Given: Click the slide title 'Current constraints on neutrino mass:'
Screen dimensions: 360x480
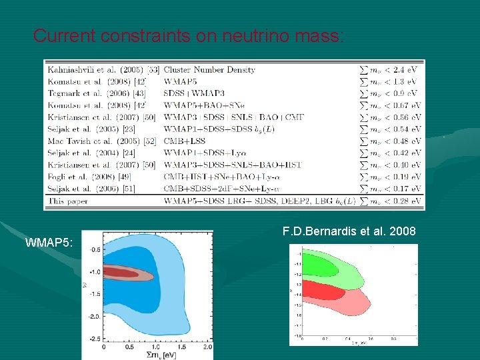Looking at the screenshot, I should (x=189, y=35).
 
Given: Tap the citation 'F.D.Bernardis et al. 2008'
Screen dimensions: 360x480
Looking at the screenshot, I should (x=349, y=231).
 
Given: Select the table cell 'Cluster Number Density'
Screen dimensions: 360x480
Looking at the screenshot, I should (x=209, y=69).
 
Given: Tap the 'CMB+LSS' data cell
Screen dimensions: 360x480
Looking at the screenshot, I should (x=186, y=141).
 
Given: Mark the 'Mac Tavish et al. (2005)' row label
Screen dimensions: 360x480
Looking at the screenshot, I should (x=93, y=141).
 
